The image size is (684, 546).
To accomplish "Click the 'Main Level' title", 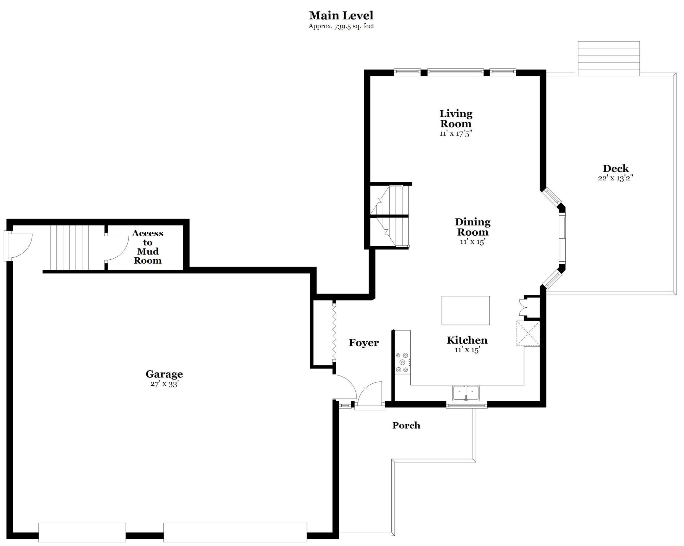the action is click(x=341, y=15).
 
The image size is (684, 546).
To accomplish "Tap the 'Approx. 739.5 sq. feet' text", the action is click(x=341, y=26).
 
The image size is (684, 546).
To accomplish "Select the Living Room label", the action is click(x=456, y=119).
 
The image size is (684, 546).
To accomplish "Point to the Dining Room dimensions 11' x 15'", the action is click(x=473, y=242).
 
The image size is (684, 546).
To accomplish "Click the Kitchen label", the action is click(x=467, y=340).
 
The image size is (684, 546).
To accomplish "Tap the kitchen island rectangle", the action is click(x=465, y=310).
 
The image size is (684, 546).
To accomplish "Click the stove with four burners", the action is click(x=403, y=362).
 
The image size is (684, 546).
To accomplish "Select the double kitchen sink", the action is click(x=466, y=393).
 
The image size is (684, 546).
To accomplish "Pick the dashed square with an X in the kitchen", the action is click(x=528, y=333).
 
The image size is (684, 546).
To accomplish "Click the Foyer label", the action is click(x=364, y=343).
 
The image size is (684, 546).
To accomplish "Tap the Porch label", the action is click(x=406, y=426).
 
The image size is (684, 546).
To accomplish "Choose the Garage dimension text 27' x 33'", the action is click(x=164, y=384).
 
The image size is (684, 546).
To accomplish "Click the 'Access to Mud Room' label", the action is click(x=147, y=247).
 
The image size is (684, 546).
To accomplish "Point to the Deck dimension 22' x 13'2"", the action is click(x=616, y=178).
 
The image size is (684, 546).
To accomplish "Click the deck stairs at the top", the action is click(x=609, y=59).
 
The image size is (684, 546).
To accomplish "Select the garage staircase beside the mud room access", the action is click(x=69, y=247).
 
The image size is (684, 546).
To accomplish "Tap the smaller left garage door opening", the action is click(x=82, y=532).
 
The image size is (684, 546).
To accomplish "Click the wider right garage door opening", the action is click(x=235, y=532).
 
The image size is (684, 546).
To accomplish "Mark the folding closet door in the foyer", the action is click(x=334, y=332).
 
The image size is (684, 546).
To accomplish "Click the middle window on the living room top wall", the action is click(x=455, y=72).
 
